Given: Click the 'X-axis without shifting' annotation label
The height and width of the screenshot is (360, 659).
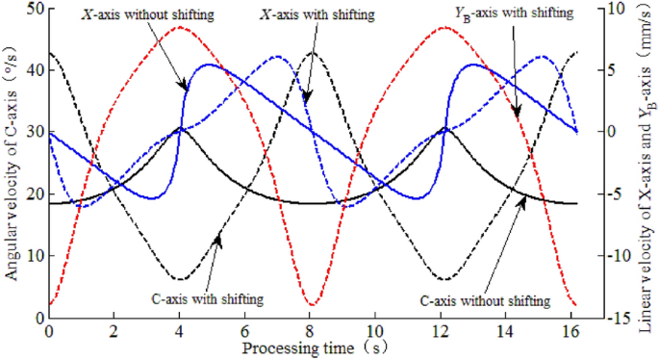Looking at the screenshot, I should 148,17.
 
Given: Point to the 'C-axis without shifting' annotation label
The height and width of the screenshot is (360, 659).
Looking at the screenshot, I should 486,300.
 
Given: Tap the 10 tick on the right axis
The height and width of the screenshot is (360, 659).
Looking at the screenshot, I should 618,9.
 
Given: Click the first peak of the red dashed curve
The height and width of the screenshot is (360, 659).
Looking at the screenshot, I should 179,27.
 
